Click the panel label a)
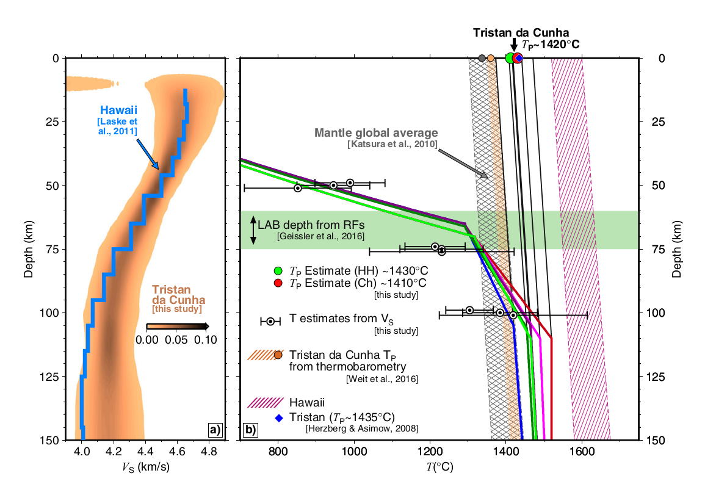215,430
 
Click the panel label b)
250,430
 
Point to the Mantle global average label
377,132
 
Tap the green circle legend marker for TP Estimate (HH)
278,270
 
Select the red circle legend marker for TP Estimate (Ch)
278,283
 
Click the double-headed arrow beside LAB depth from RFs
252,230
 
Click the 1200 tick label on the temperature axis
430,452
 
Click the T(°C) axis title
438,468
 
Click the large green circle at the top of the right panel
510,58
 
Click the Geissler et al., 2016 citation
320,236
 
